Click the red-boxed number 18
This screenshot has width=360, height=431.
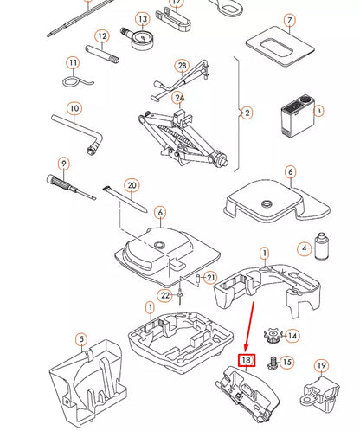pos(247,360)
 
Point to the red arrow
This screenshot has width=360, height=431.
pos(250,325)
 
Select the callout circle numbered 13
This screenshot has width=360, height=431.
pos(143,19)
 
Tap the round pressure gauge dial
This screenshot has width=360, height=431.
pos(142,39)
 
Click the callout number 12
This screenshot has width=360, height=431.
pos(102,36)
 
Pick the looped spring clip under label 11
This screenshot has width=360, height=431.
pos(77,81)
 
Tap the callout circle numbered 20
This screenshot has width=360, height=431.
pos(132,185)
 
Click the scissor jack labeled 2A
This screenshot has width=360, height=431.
pos(181,137)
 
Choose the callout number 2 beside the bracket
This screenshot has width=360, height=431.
pos(247,113)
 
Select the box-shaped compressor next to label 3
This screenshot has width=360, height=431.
pos(299,115)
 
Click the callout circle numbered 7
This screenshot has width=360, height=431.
pos(290,20)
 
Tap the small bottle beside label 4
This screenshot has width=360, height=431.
pos(322,246)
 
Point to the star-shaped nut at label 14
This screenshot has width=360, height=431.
pos(273,336)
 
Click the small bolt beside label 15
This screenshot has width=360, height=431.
pos(273,363)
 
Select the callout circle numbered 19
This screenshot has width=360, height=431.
pos(321,366)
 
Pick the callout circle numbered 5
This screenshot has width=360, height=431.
pos(81,339)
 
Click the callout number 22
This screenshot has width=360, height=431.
pos(165,295)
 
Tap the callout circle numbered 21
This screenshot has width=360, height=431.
pos(211,278)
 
